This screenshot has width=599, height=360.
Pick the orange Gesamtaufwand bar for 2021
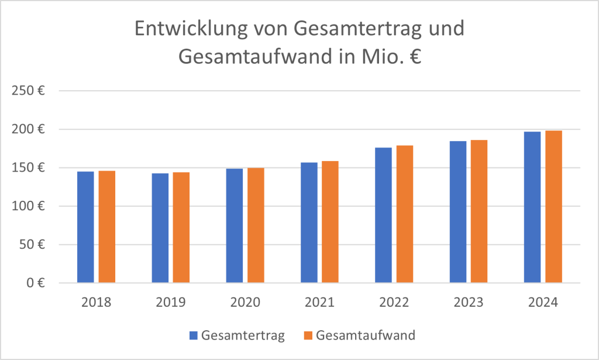pyautogui.click(x=330, y=222)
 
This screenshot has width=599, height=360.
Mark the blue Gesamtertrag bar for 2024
pyautogui.click(x=532, y=207)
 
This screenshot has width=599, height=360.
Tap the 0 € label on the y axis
pyautogui.click(x=37, y=283)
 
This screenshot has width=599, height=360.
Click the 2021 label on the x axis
pyautogui.click(x=319, y=303)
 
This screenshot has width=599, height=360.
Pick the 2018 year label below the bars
pyautogui.click(x=96, y=303)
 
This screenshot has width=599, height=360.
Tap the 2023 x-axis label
pyautogui.click(x=469, y=303)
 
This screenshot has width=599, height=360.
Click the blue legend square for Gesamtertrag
pyautogui.click(x=194, y=336)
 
